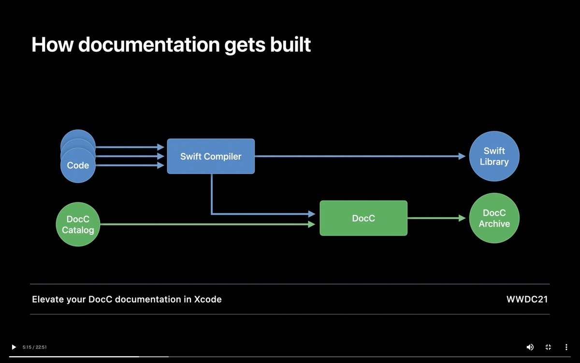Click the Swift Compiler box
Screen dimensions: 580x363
click(x=211, y=156)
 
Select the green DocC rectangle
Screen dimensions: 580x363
click(x=363, y=218)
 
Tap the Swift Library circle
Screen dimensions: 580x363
click(x=494, y=156)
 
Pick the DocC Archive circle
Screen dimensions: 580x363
click(x=494, y=218)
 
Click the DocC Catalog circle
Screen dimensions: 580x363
click(x=78, y=224)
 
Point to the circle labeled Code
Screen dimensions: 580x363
click(x=78, y=165)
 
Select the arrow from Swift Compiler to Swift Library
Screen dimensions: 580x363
click(x=360, y=156)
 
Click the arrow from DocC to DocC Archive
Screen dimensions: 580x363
click(x=436, y=218)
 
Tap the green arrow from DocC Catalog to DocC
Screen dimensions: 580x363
click(x=208, y=224)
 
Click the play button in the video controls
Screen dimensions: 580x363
click(x=14, y=347)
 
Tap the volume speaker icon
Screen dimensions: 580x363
click(x=530, y=347)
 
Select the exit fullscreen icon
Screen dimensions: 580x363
click(x=548, y=347)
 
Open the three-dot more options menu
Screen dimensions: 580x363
click(x=566, y=347)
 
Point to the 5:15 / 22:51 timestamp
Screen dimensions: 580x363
click(x=35, y=347)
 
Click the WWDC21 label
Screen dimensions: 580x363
click(x=527, y=299)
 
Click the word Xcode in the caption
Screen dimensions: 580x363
click(x=208, y=299)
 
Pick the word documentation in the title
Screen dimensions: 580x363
click(x=149, y=45)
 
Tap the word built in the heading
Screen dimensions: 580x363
click(x=290, y=45)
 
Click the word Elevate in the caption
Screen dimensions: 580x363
click(x=48, y=299)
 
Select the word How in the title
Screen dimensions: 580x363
click(x=53, y=45)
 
